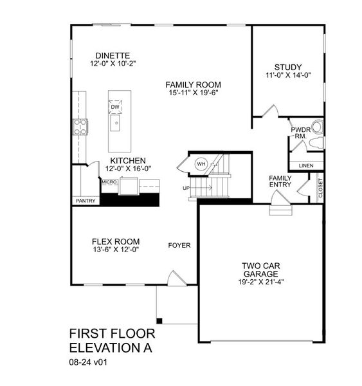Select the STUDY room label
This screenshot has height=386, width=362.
click(287, 68)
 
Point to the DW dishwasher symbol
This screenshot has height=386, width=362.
click(116, 107)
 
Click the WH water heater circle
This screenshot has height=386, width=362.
click(200, 163)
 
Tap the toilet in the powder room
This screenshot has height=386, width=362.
click(315, 126)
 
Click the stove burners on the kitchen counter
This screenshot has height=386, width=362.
click(80, 127)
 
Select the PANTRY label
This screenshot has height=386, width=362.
click(86, 201)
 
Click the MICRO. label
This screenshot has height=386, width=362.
click(109, 182)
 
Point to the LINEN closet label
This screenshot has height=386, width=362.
click(306, 165)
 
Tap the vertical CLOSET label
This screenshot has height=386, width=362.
click(320, 188)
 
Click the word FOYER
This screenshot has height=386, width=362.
click(179, 245)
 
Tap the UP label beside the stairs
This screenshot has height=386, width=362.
click(186, 188)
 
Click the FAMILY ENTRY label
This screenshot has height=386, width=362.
click(280, 181)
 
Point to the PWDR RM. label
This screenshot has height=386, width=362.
click(300, 131)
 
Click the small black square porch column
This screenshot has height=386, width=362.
click(159, 320)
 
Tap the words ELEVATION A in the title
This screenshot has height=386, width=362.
click(112, 348)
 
